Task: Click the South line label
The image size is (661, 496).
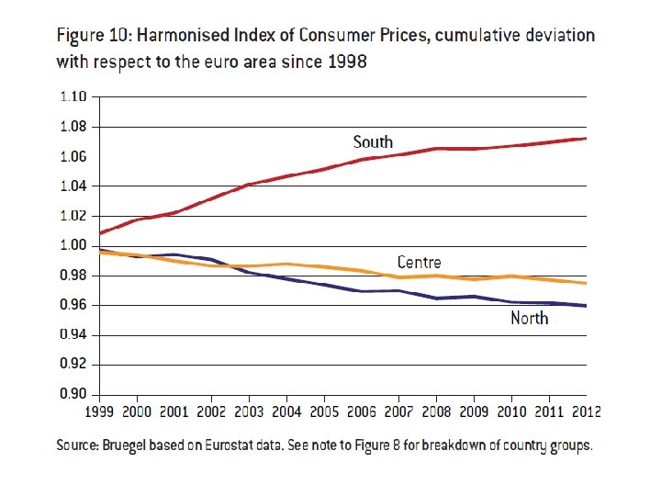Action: coord(373,141)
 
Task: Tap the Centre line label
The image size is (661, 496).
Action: coord(419,263)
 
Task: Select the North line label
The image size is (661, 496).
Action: coord(530,318)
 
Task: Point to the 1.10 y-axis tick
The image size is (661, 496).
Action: coord(73,96)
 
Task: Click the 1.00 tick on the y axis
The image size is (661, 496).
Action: coord(73,245)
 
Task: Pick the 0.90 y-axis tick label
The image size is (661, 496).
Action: coord(73,394)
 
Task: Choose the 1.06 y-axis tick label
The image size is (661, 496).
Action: coord(73,156)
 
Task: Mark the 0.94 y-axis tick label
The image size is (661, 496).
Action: coord(73,334)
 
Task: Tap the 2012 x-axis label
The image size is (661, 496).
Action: coord(584,411)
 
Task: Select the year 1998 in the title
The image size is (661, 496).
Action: coord(342,62)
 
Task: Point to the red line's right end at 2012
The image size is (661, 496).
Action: coord(586,139)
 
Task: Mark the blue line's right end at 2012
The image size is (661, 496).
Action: coord(586,306)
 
